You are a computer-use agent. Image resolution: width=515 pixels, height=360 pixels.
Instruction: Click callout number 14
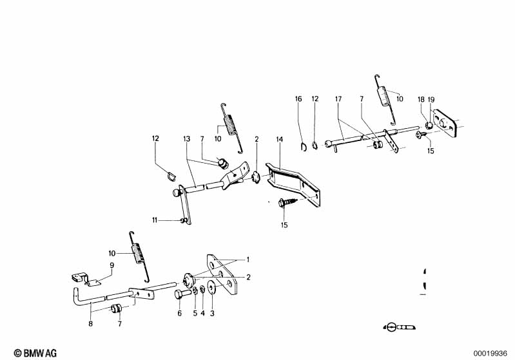[x=280, y=140]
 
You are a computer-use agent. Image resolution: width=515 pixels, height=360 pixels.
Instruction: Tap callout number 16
[x=298, y=99]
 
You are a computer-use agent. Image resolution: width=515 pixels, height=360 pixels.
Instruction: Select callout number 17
[x=338, y=99]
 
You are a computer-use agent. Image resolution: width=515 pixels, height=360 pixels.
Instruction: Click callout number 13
[x=187, y=140]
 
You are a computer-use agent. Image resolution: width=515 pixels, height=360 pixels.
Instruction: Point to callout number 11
[x=155, y=220]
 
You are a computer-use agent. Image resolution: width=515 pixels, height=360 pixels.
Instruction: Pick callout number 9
[x=112, y=265]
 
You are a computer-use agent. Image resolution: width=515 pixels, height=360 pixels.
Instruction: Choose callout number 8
[x=90, y=324]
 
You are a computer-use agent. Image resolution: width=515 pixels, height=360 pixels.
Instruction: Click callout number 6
[x=179, y=314]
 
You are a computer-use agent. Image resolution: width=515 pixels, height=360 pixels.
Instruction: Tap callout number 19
[x=431, y=99]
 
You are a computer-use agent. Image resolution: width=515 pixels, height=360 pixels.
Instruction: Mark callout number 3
[x=212, y=314]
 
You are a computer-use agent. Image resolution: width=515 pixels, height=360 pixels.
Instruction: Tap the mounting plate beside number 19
[x=445, y=126]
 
